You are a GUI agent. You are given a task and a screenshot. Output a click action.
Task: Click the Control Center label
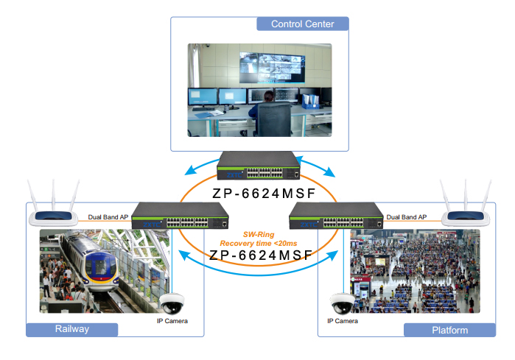[x=302, y=24]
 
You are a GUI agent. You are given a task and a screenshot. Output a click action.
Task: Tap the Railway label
[x=71, y=329]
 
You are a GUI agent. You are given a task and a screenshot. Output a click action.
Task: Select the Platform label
[x=449, y=330]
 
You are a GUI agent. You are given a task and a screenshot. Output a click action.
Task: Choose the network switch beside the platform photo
[x=336, y=215]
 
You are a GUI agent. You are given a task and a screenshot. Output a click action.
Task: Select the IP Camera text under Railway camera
[x=172, y=321]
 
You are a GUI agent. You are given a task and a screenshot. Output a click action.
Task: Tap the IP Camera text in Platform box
[x=343, y=321]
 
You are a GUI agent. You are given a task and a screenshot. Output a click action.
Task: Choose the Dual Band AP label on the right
[x=407, y=217]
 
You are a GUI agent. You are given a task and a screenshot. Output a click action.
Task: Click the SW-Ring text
[x=258, y=234]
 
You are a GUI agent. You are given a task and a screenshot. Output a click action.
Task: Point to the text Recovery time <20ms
[x=258, y=243]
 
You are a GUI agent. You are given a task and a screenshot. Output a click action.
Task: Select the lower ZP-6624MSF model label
[x=259, y=255]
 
